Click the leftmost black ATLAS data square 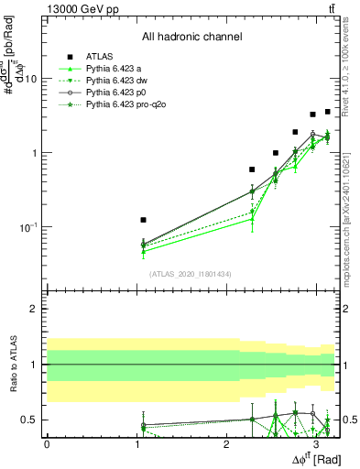click(x=143, y=220)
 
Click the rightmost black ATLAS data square click(x=327, y=112)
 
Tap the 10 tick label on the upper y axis click(x=29, y=79)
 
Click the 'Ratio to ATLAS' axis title click(x=13, y=365)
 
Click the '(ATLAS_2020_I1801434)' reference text click(x=191, y=274)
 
